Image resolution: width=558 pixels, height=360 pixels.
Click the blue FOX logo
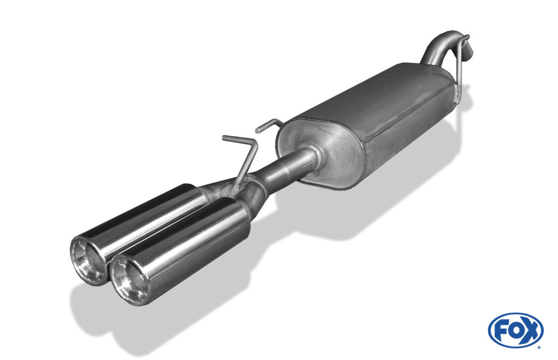click(516, 330)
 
